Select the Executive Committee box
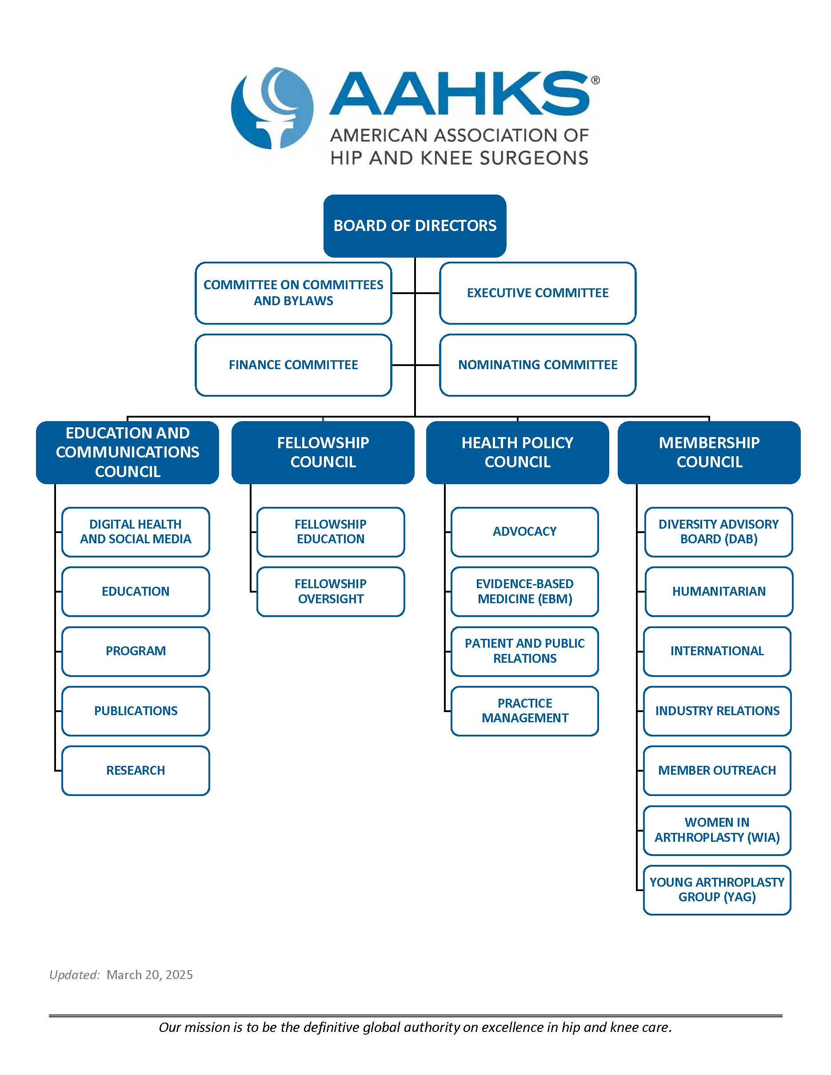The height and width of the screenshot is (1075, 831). [x=538, y=293]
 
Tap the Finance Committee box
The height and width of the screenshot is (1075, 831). [x=293, y=365]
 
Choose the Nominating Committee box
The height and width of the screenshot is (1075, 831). [x=538, y=365]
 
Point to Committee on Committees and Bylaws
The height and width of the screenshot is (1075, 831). [x=293, y=293]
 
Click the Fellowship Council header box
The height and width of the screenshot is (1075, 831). [x=323, y=452]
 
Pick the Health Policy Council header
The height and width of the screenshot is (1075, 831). [x=517, y=452]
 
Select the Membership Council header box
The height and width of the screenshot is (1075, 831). [x=709, y=452]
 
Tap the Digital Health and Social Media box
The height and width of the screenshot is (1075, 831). [x=136, y=532]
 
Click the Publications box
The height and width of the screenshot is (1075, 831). [x=136, y=711]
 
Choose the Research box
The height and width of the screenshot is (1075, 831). [x=136, y=770]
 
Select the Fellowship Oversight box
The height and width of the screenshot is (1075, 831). [x=331, y=591]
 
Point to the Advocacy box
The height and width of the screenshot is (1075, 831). [x=525, y=532]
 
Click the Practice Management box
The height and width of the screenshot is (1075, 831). [x=525, y=711]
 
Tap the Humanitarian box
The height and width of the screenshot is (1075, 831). [x=719, y=591]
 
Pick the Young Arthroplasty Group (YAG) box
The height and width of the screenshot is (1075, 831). [x=717, y=890]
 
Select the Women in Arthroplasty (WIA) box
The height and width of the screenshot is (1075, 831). [x=717, y=830]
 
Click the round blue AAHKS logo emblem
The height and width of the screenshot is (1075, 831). [x=272, y=108]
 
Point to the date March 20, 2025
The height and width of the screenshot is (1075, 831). [x=150, y=975]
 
